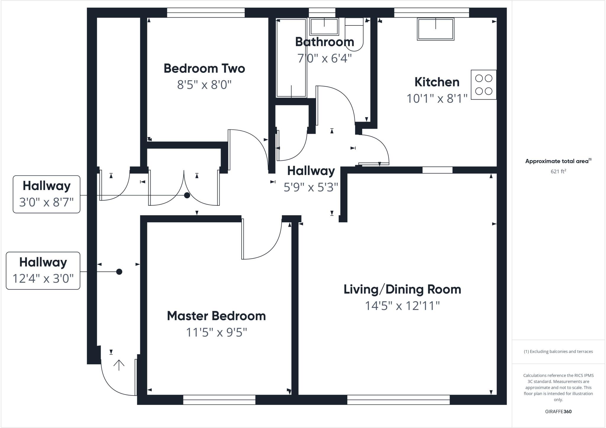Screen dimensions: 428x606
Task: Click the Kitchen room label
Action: click(x=437, y=82)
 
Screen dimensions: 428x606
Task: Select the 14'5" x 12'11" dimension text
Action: click(x=402, y=306)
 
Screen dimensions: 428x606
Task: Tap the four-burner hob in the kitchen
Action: click(x=483, y=85)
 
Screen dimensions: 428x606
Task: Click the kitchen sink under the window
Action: click(x=436, y=29)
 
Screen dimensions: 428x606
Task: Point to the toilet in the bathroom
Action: click(x=354, y=34)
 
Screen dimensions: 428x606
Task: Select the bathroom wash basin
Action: click(x=324, y=27)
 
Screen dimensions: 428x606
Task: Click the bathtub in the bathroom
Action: click(x=291, y=58)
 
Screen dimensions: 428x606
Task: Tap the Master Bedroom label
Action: click(x=216, y=316)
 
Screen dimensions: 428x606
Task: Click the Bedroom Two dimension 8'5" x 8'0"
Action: click(x=204, y=85)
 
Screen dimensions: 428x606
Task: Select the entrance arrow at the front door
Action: click(x=119, y=365)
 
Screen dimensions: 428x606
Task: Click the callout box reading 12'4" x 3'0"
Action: click(x=43, y=271)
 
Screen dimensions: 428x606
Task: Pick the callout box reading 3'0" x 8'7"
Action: click(x=46, y=194)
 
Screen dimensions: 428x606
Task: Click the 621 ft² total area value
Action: click(x=558, y=171)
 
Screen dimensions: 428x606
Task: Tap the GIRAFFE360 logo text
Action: click(x=558, y=411)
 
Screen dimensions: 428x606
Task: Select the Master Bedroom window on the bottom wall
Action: click(x=219, y=400)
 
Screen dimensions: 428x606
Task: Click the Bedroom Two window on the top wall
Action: click(x=206, y=13)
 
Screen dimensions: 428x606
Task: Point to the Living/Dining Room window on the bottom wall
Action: click(x=398, y=400)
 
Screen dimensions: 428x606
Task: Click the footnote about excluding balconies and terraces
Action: click(x=558, y=352)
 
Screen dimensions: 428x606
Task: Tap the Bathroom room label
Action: click(x=325, y=42)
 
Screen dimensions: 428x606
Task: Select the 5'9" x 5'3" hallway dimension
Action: click(x=311, y=187)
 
